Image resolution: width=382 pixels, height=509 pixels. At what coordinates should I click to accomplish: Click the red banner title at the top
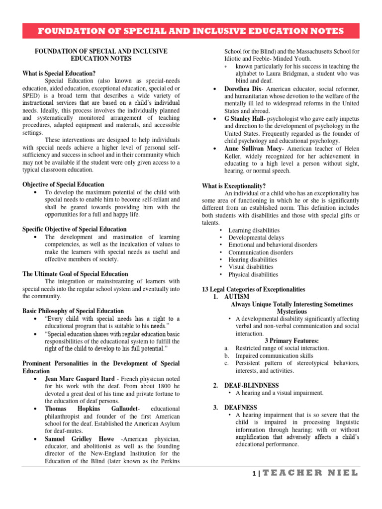tap(191, 31)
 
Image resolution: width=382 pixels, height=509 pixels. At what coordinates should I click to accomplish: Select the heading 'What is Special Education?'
tap(59, 73)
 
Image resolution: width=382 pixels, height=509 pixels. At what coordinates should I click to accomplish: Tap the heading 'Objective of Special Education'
tap(63, 184)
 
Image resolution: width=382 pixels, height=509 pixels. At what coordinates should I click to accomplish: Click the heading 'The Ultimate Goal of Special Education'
tap(75, 274)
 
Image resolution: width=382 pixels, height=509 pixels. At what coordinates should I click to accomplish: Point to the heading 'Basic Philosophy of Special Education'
tap(73, 311)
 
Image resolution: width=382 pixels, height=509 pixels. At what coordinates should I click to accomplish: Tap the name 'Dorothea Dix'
tap(242, 88)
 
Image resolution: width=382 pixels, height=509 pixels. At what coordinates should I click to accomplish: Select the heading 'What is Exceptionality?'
tap(233, 185)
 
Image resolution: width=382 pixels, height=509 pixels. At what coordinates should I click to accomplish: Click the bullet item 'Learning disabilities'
tap(253, 230)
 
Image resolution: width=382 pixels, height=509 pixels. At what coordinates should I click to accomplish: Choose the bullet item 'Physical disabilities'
tap(253, 274)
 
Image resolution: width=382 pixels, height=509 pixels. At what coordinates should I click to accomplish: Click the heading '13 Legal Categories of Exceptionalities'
tap(253, 289)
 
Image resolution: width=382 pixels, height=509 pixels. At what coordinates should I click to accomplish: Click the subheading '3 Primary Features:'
tap(292, 341)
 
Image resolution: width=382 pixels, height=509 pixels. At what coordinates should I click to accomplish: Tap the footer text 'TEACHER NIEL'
tap(309, 473)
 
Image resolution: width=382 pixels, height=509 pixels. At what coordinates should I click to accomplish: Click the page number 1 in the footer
tap(253, 474)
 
